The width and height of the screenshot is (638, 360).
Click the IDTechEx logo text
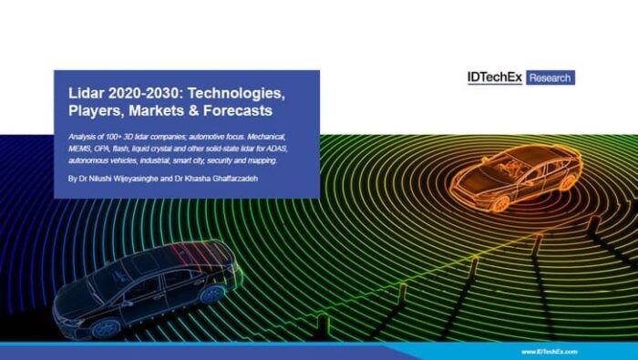pyautogui.click(x=494, y=77)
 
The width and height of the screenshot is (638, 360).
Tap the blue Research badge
pyautogui.click(x=551, y=77)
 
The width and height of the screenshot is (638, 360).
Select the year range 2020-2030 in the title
pyautogui.click(x=146, y=93)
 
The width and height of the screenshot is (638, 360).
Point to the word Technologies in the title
pyautogui.click(x=236, y=94)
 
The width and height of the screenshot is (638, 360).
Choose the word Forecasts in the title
pyautogui.click(x=238, y=110)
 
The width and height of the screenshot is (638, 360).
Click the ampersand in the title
pyautogui.click(x=195, y=110)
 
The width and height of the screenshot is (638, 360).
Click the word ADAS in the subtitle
pyautogui.click(x=276, y=149)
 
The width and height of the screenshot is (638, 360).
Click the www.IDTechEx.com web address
pyautogui.click(x=550, y=352)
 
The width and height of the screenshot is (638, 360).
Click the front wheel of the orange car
pyautogui.click(x=500, y=203)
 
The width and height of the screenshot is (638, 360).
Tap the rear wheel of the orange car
pyautogui.click(x=568, y=182)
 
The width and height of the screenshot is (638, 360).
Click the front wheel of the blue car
pyautogui.click(x=106, y=328)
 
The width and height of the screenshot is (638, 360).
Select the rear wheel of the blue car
pyautogui.click(x=211, y=293)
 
